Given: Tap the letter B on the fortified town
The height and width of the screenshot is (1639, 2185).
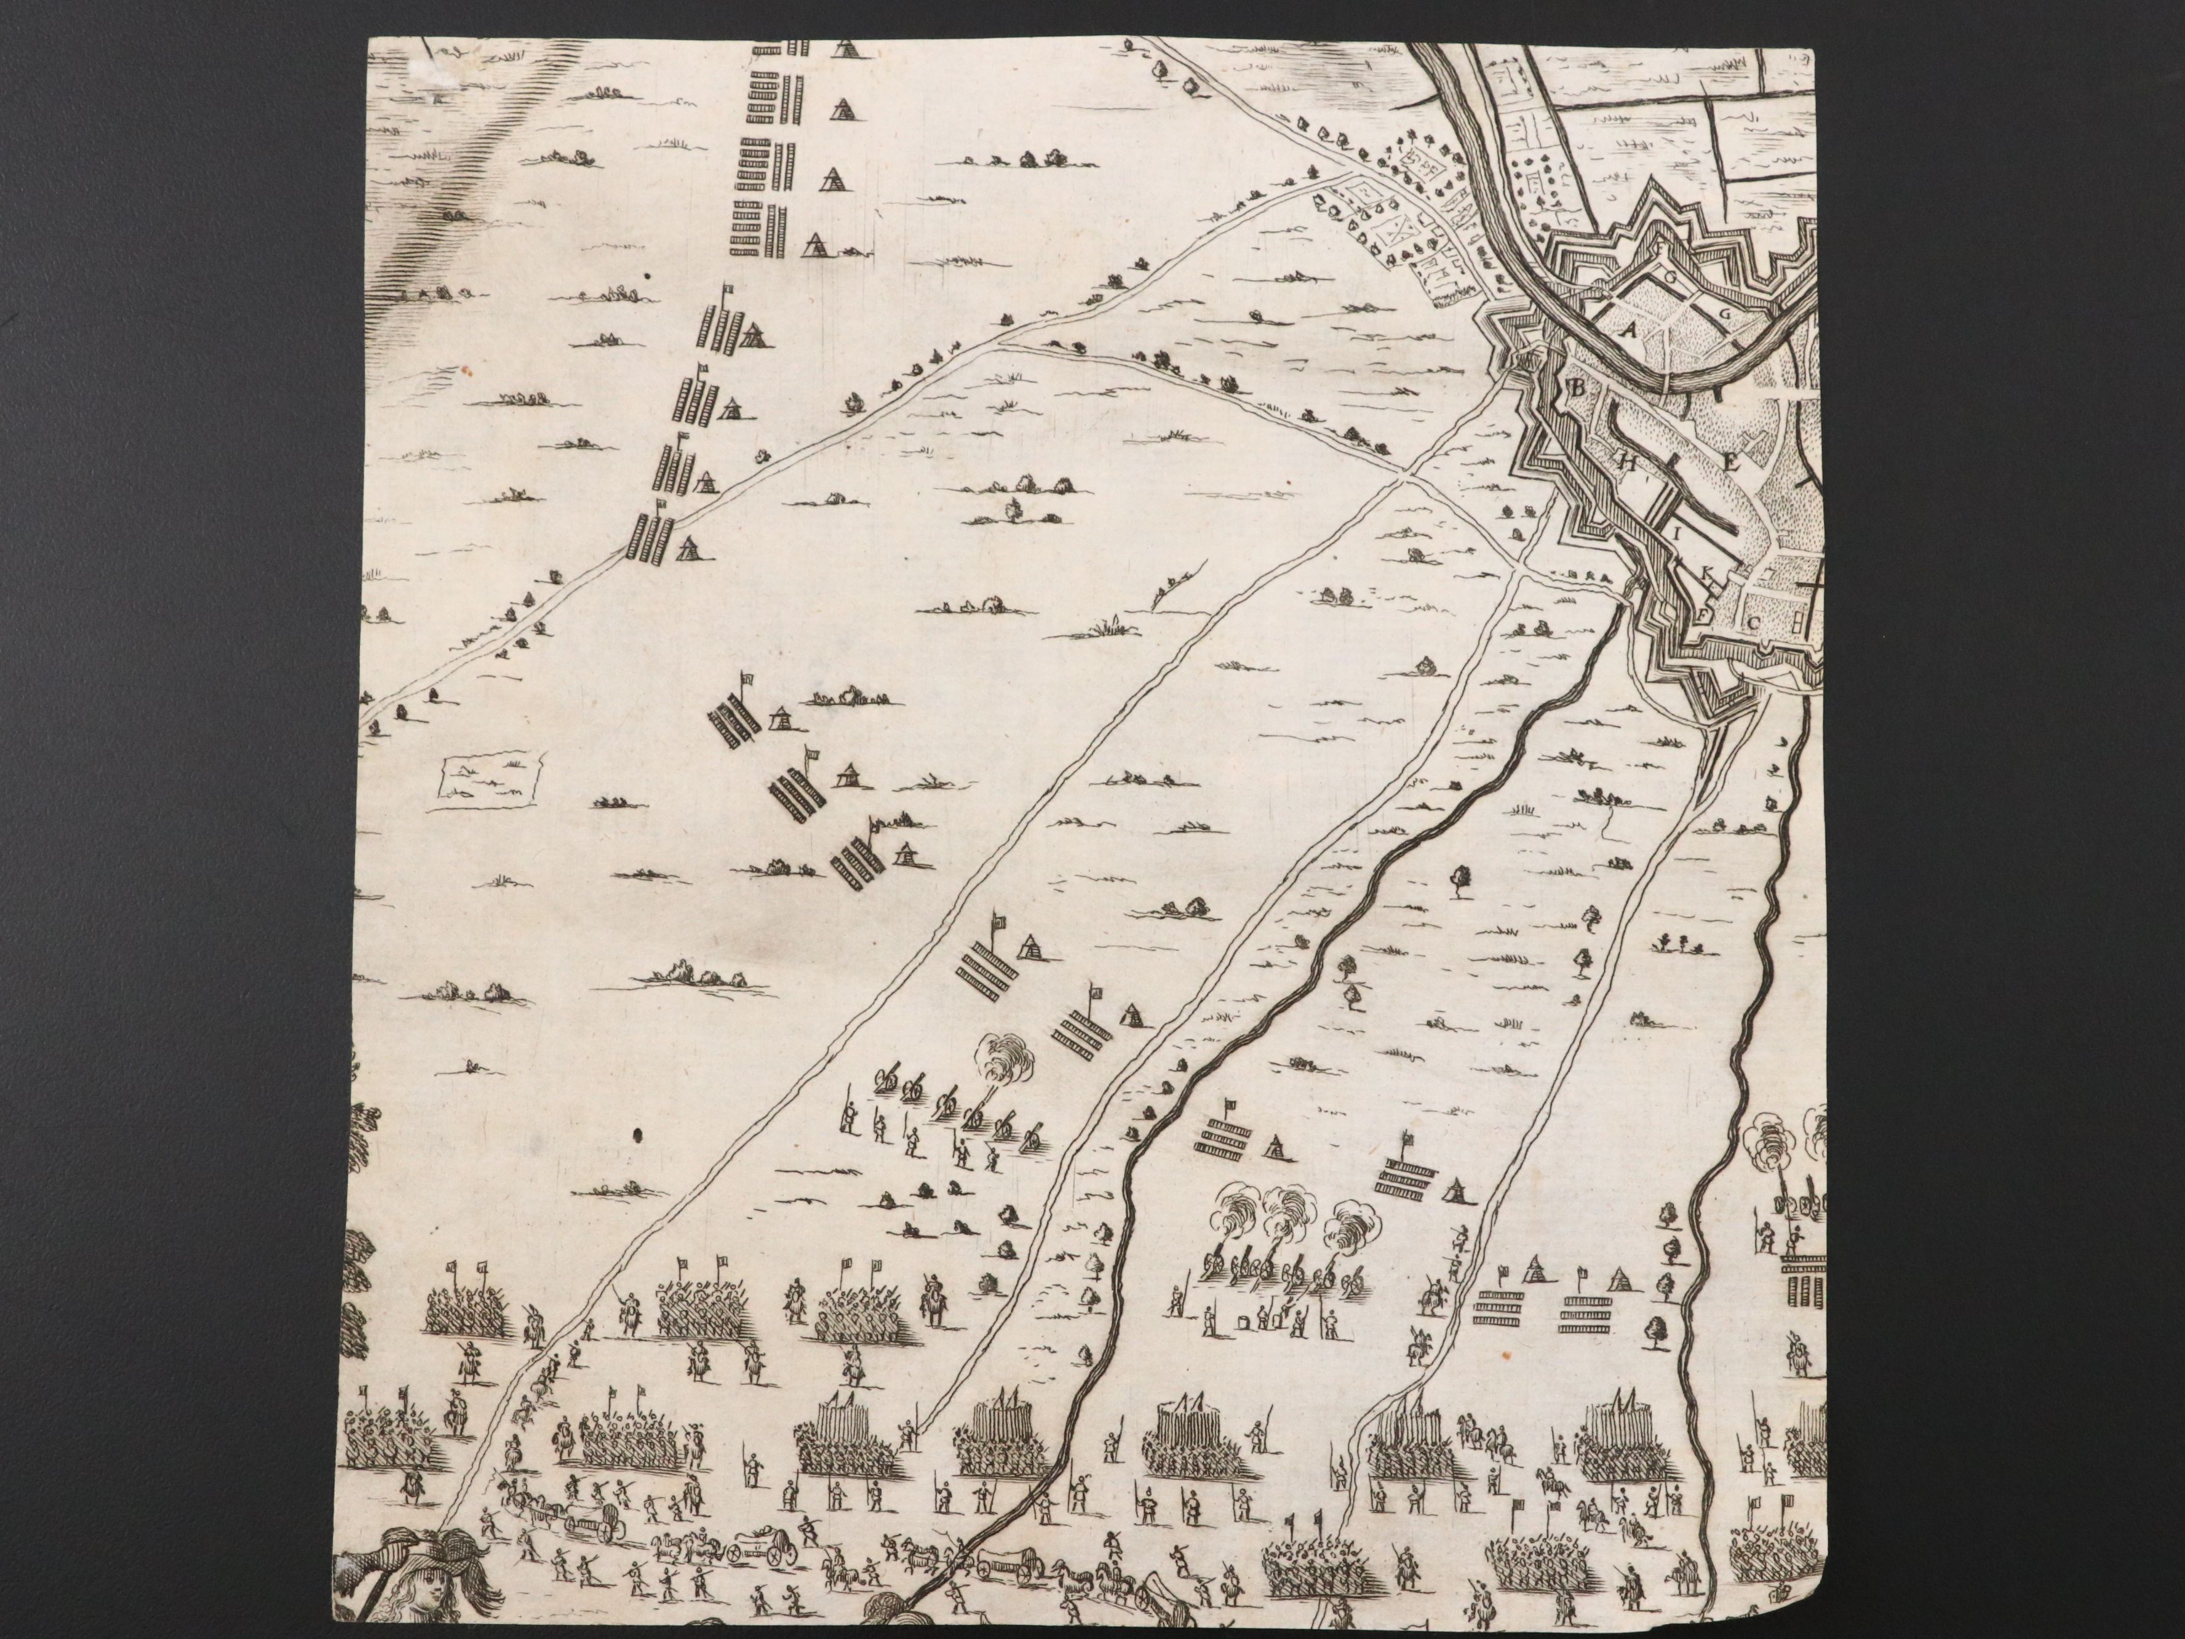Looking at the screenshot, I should pos(1577,388).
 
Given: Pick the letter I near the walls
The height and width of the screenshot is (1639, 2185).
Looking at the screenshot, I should pos(1676,533).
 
